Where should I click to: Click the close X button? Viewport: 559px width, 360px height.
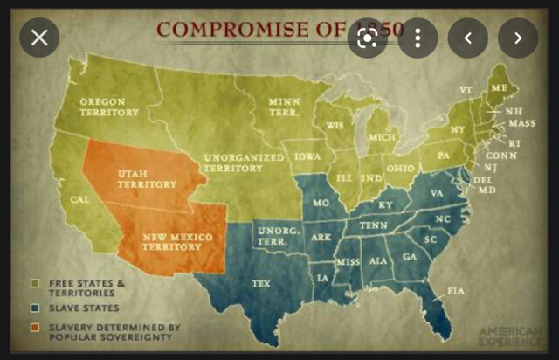click(39, 38)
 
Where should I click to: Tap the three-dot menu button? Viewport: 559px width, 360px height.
click(418, 38)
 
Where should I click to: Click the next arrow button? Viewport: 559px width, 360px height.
click(518, 38)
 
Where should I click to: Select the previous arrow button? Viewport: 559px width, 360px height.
click(468, 38)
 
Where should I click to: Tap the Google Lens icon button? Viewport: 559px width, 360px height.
click(368, 38)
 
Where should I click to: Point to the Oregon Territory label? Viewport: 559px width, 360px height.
click(108, 107)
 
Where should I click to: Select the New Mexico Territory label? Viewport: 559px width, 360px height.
click(166, 242)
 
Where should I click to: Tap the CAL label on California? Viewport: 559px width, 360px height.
click(80, 200)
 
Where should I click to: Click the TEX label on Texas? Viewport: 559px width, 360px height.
click(260, 283)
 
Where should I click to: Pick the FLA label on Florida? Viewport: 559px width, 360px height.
click(455, 290)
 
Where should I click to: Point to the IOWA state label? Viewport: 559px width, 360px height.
click(307, 158)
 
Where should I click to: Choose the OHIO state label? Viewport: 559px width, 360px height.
click(401, 168)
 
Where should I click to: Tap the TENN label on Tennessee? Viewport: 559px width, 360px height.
click(373, 225)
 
